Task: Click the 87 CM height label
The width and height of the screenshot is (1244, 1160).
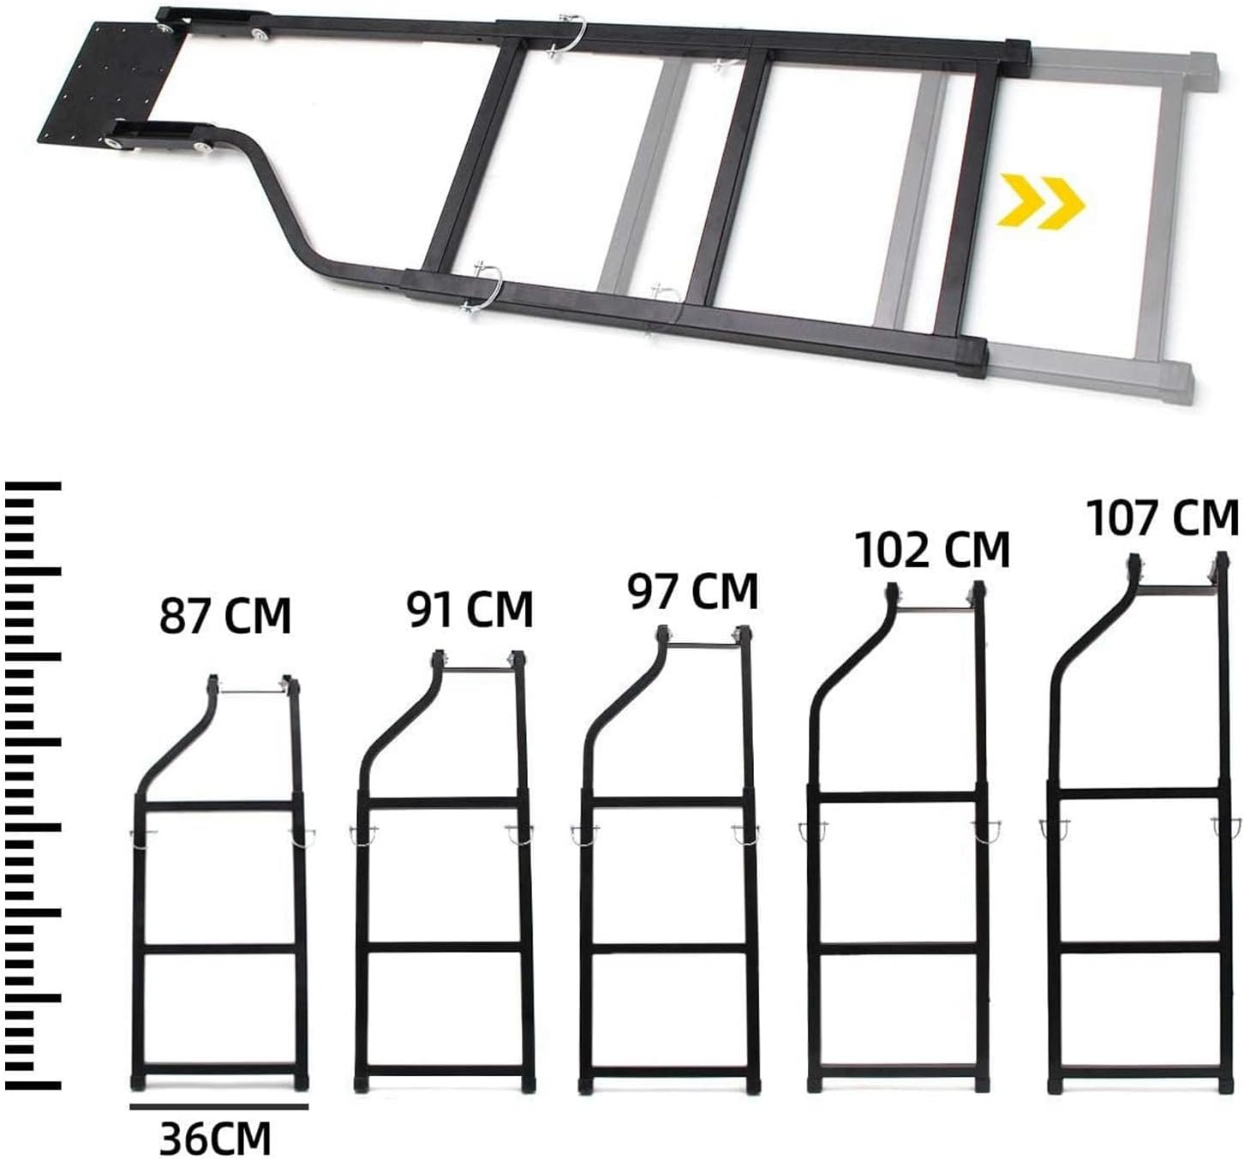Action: coord(225,616)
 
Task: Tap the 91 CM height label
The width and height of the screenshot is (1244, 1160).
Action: coord(469,609)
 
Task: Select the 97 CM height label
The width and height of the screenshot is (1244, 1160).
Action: coord(693,591)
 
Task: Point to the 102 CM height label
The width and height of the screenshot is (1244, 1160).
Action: coord(933,550)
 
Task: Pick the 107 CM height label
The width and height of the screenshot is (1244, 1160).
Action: coord(1163,517)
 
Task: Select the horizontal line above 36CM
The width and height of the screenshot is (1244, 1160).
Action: coord(219,1106)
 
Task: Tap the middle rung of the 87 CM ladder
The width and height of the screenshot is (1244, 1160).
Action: coord(218,948)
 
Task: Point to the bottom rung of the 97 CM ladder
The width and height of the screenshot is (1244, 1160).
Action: coord(667,1070)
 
